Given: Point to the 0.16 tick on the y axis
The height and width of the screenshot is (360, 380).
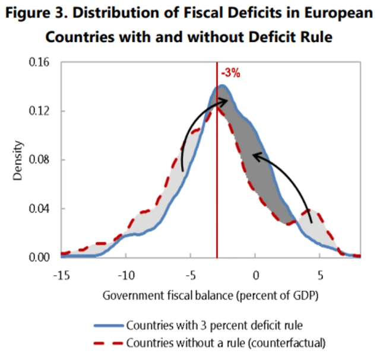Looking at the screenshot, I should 41,62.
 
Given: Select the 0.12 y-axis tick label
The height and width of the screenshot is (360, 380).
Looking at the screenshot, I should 41,111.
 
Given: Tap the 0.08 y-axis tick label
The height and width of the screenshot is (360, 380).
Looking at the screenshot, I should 41,160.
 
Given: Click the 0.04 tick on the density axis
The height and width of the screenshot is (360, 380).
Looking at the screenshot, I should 41,208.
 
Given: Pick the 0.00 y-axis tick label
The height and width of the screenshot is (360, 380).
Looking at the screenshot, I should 41,257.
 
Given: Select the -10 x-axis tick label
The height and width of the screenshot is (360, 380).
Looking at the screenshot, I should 125,275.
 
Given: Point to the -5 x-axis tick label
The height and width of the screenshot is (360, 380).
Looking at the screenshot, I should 190,275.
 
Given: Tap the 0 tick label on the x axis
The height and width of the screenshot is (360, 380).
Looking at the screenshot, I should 255,275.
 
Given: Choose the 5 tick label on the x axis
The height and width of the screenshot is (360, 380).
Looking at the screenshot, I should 320,275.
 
